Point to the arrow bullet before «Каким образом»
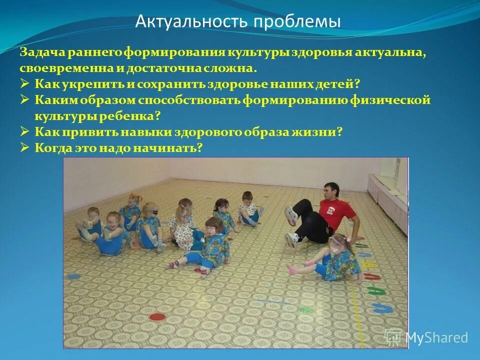25,100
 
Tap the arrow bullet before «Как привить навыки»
25,132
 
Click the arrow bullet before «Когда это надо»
25,148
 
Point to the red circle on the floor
157,316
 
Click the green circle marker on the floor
305,310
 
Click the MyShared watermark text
436,337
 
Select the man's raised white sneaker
290,215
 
